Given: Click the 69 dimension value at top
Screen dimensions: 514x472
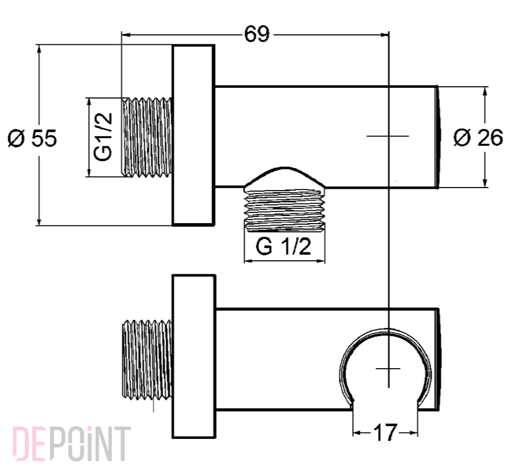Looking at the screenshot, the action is click(256, 34).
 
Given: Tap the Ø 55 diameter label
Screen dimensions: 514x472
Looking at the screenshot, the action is click(32, 138).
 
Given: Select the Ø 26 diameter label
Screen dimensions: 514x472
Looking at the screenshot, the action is click(479, 137).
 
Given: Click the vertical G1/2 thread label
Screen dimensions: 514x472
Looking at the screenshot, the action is click(103, 137).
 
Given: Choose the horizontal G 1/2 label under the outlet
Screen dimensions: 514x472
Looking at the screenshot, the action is click(283, 246).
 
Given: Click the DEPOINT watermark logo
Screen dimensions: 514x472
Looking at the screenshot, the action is click(71, 444).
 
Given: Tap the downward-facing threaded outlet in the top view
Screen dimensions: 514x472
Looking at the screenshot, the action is click(285, 210).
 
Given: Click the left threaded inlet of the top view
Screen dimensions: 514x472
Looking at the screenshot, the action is click(147, 137).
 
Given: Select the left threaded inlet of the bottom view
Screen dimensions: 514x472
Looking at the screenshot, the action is click(147, 359).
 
